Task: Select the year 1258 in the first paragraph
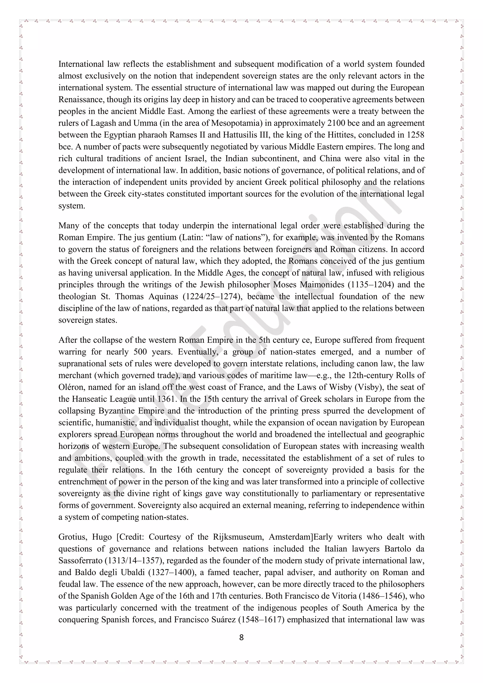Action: (416, 135)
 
